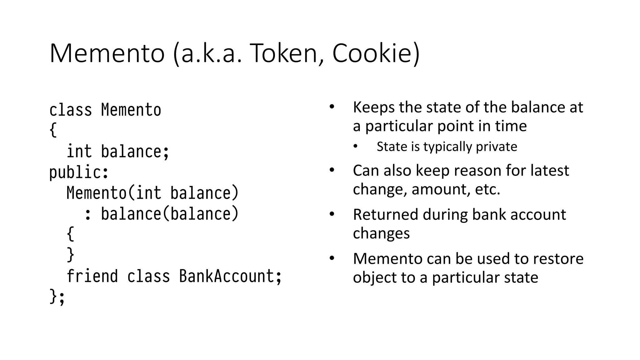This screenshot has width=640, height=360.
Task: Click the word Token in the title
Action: coord(283,53)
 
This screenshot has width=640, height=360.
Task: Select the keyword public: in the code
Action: coord(79,172)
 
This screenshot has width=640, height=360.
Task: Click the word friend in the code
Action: coord(92,276)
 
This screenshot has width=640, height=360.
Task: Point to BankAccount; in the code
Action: coord(230,276)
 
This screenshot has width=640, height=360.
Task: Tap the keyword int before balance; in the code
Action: coord(79,152)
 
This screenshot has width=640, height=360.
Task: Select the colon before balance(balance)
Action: coord(88,214)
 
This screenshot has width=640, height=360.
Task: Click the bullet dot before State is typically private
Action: coord(355,147)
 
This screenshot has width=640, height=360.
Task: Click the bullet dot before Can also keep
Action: coord(332,170)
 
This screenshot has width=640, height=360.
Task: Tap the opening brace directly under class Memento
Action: coord(53,130)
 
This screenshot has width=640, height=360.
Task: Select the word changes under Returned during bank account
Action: coord(381,233)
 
